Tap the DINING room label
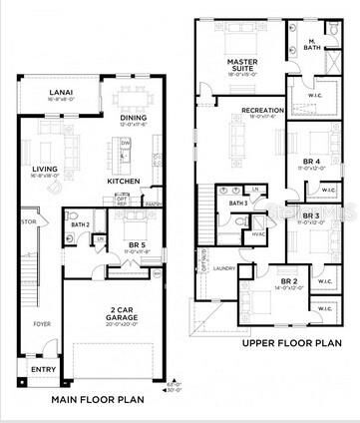(x=133, y=117)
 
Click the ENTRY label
(x=43, y=368)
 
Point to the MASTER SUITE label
(x=242, y=64)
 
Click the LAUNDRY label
(x=223, y=267)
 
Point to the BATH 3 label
(x=237, y=204)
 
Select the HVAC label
(x=257, y=235)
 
